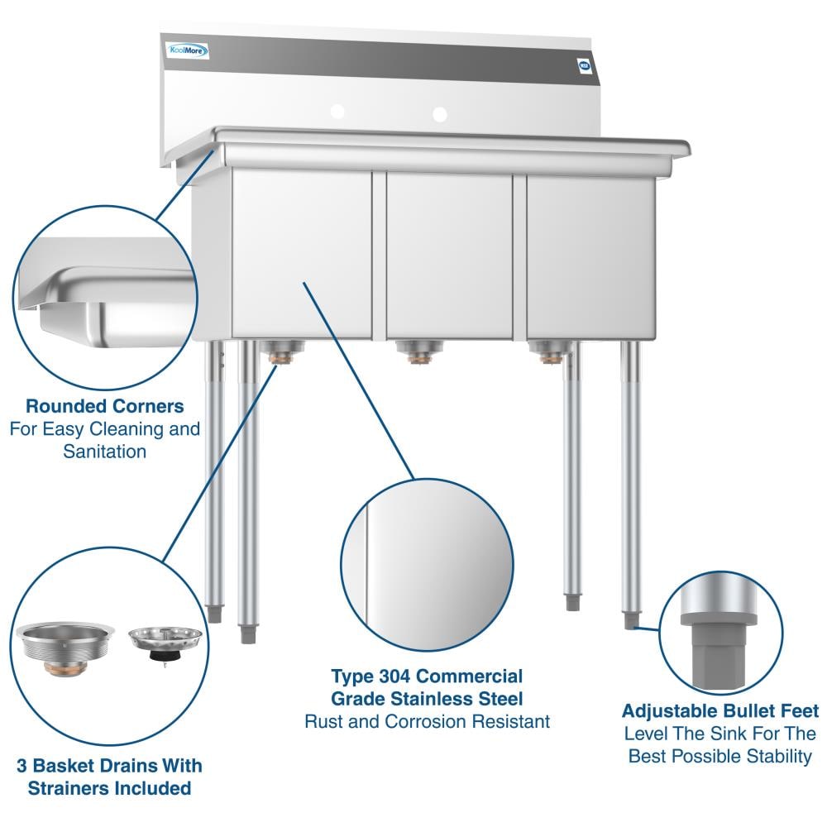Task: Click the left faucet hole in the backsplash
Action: pyautogui.click(x=337, y=112)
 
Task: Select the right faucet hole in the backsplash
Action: pyautogui.click(x=439, y=113)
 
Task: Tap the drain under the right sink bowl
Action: pyautogui.click(x=548, y=352)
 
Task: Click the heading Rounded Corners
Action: pyautogui.click(x=105, y=407)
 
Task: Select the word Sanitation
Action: pyautogui.click(x=105, y=452)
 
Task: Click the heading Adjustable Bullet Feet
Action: pyautogui.click(x=720, y=711)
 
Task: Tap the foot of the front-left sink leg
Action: pyautogui.click(x=246, y=633)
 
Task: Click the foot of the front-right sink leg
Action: pyautogui.click(x=632, y=616)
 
